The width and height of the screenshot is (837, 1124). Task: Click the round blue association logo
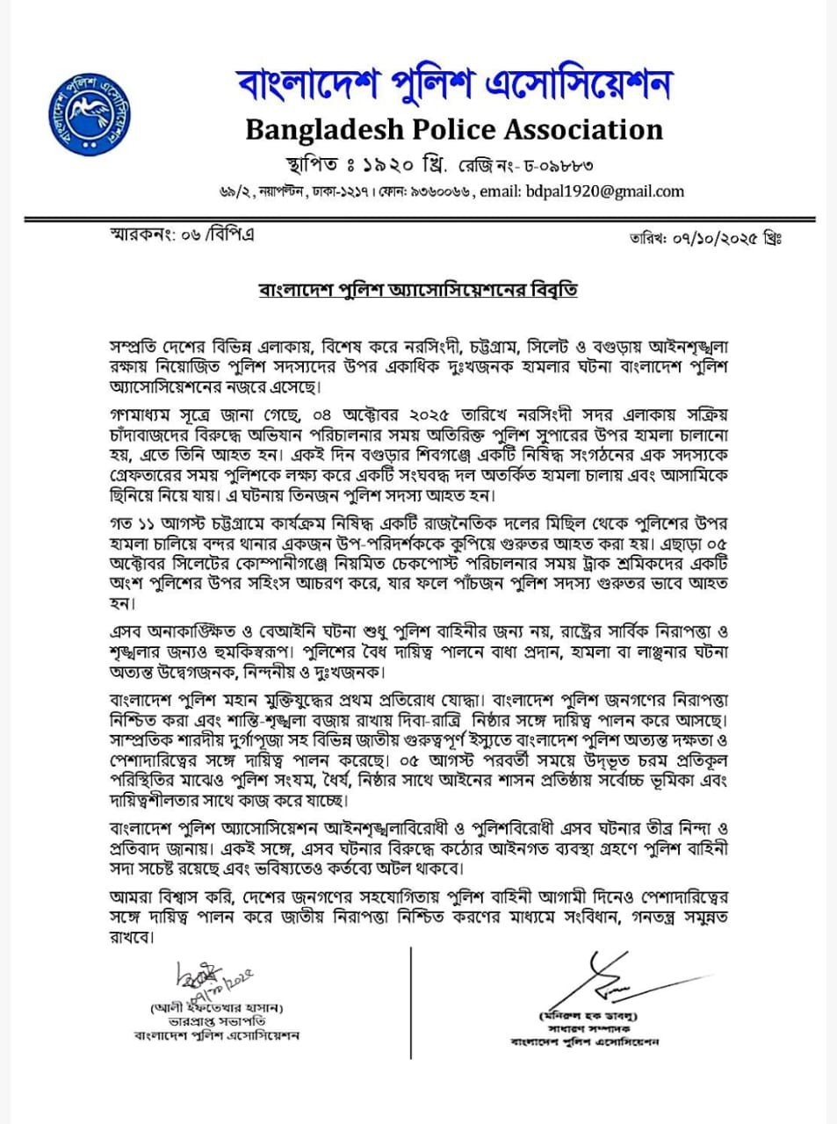pyautogui.click(x=88, y=110)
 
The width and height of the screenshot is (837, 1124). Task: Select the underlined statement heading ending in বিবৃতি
pyautogui.click(x=417, y=289)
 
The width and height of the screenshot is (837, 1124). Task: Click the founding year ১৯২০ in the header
pyautogui.click(x=388, y=164)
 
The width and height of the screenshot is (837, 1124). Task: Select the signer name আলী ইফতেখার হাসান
pyautogui.click(x=217, y=1007)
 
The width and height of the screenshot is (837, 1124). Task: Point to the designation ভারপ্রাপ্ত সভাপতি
pyautogui.click(x=217, y=1021)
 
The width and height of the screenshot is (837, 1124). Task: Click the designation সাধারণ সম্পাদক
pyautogui.click(x=588, y=1028)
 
